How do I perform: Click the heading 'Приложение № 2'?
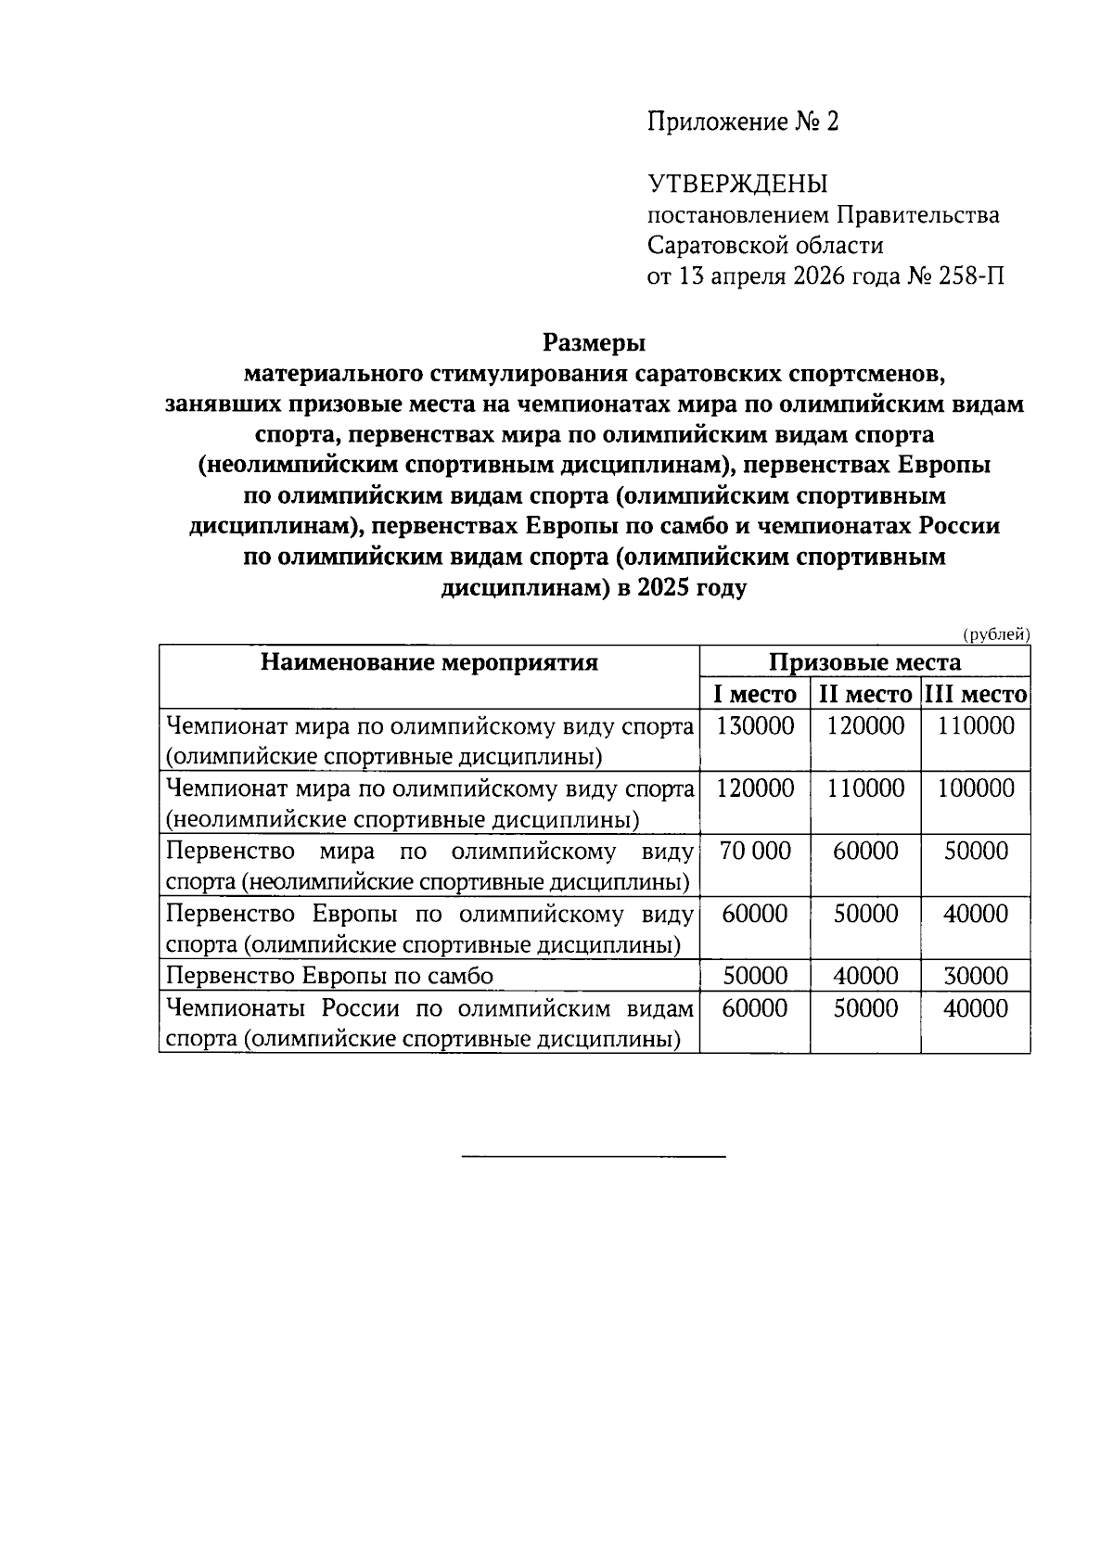tap(742, 122)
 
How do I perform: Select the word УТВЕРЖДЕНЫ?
tap(737, 184)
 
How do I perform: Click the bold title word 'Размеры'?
tap(594, 343)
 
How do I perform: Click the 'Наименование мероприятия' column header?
tap(429, 662)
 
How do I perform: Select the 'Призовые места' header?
tap(864, 662)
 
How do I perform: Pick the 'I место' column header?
tap(754, 694)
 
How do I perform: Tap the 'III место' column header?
tap(976, 694)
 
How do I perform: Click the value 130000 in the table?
tap(755, 726)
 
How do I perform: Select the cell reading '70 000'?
tap(755, 852)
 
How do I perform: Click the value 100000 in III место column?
tap(976, 788)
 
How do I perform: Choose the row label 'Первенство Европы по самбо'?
tap(329, 976)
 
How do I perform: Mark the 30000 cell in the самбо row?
tap(976, 976)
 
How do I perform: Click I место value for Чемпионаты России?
tap(755, 1008)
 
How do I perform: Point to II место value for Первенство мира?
tap(865, 852)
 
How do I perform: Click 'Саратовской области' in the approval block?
tap(765, 246)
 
